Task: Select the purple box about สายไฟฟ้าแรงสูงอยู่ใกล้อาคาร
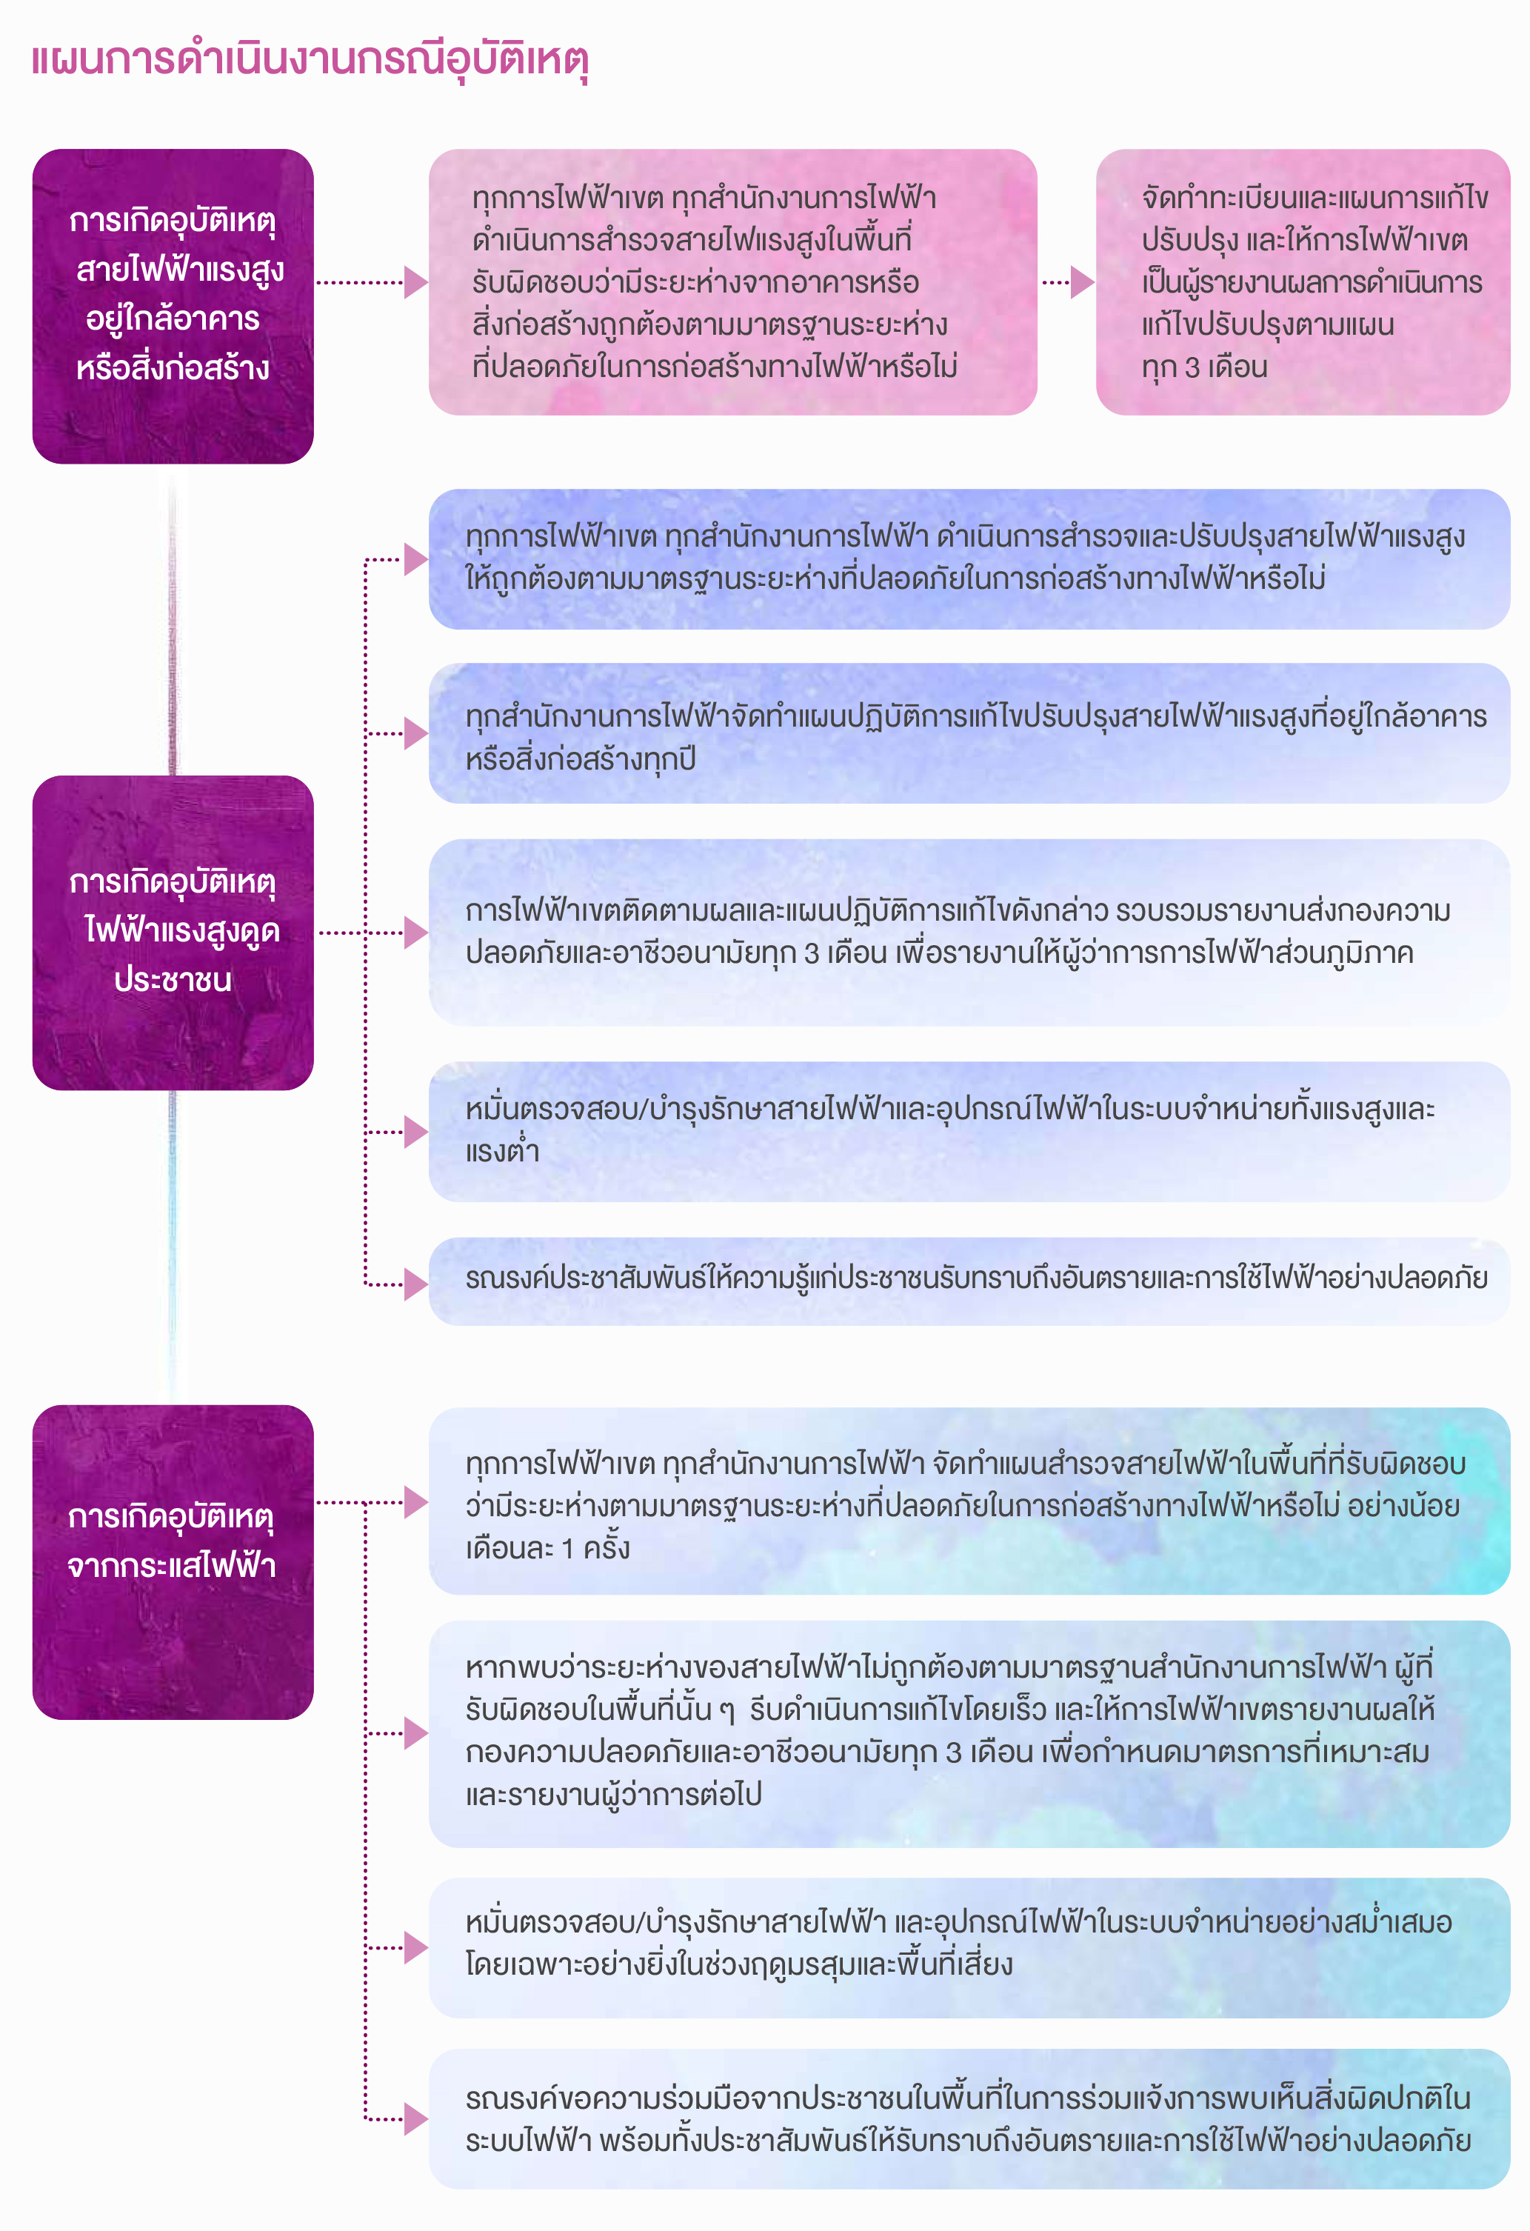click(173, 306)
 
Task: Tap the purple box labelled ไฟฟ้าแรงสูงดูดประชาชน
click(173, 932)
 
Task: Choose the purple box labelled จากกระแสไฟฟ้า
click(173, 1562)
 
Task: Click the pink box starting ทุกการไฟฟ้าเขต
click(732, 282)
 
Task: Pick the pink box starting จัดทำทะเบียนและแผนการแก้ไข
click(1303, 282)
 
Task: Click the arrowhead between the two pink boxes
click(1083, 282)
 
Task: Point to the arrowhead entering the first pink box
click(415, 282)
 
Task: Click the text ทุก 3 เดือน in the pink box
click(1205, 367)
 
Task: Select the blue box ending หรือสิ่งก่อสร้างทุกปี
click(969, 733)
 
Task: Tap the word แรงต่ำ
click(502, 1150)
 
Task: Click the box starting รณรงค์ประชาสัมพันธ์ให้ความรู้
click(969, 1281)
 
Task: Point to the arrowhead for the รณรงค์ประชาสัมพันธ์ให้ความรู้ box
click(415, 1284)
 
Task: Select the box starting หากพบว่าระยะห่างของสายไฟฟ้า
click(969, 1734)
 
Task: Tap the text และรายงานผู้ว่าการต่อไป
click(613, 1794)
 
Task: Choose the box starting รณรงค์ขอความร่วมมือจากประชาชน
click(969, 2118)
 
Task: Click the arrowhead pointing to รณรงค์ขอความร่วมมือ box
click(415, 2118)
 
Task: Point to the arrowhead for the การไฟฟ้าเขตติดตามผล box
click(415, 932)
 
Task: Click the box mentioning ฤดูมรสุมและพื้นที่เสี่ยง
click(969, 1948)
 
